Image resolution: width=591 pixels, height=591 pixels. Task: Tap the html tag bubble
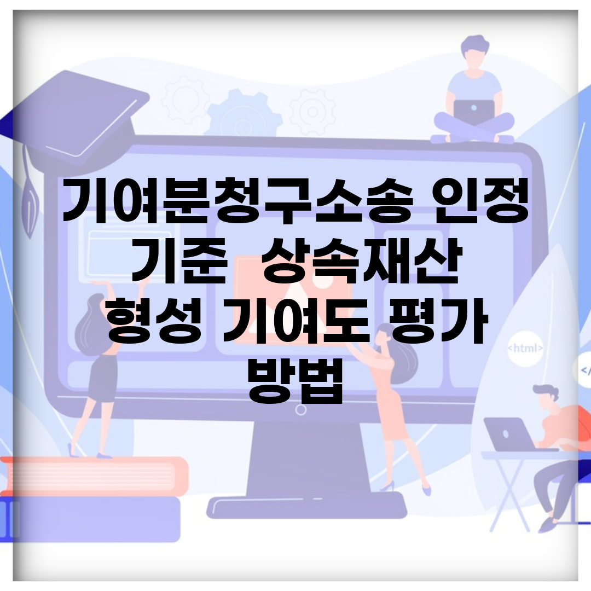(x=525, y=348)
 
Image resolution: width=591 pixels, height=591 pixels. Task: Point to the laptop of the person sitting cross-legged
(x=474, y=114)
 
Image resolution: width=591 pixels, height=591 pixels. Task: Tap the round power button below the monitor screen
(x=300, y=410)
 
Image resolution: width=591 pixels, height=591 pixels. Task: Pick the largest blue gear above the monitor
(x=244, y=113)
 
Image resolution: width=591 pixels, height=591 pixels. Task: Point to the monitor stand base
(x=306, y=505)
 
